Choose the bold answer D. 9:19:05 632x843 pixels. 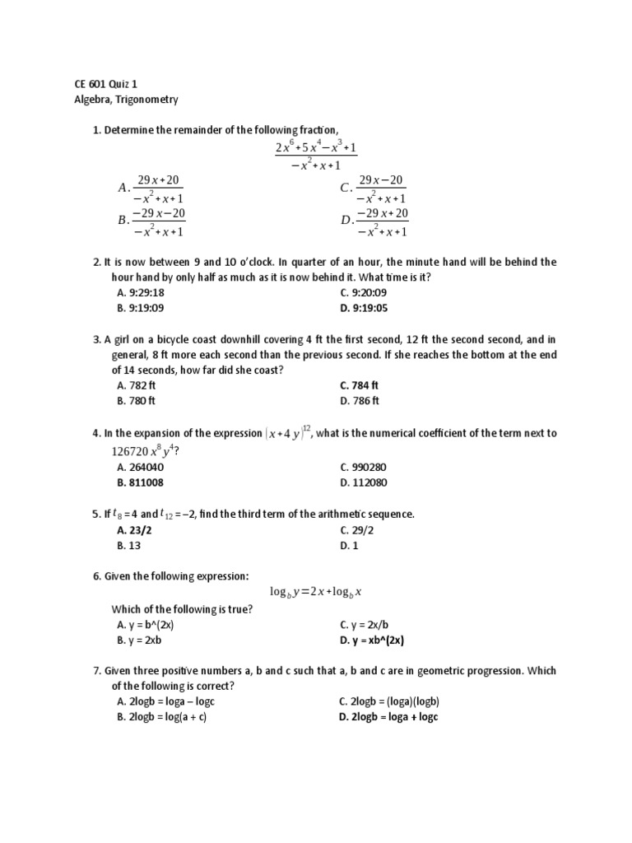(x=363, y=308)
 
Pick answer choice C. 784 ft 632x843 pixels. (x=359, y=385)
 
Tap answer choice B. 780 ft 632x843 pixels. (x=137, y=401)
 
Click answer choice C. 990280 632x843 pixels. (x=363, y=467)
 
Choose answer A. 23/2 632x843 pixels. (x=135, y=529)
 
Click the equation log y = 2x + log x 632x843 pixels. (x=316, y=592)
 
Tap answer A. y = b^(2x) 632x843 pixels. (x=146, y=625)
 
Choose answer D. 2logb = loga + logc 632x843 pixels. (x=388, y=717)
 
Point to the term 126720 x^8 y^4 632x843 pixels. (x=144, y=450)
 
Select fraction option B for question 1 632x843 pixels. (x=152, y=222)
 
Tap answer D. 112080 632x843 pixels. (x=363, y=482)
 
